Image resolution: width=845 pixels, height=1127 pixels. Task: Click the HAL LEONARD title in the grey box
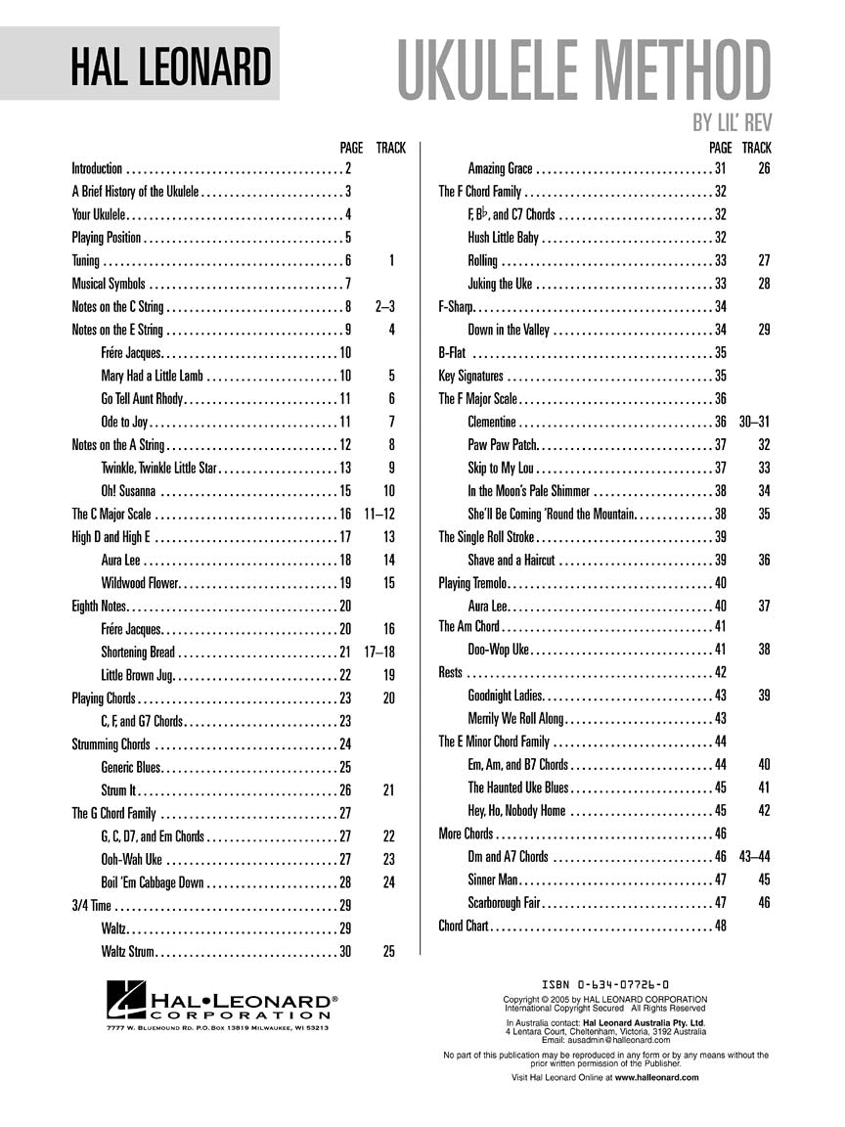click(x=171, y=67)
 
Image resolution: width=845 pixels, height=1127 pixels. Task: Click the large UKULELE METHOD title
click(x=584, y=70)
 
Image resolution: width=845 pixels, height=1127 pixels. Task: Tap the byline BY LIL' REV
click(x=732, y=122)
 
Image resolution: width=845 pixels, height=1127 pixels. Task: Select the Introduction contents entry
click(x=98, y=168)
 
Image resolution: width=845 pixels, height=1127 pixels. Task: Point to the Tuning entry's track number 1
click(x=391, y=260)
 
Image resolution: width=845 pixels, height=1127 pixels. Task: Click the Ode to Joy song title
click(x=124, y=422)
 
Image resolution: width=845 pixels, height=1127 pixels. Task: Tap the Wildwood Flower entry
click(x=140, y=583)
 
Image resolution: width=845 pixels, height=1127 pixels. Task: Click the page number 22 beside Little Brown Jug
click(x=345, y=675)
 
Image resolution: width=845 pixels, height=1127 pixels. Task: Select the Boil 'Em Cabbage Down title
click(x=153, y=882)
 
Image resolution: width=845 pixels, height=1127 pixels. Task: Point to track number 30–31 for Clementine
click(x=755, y=422)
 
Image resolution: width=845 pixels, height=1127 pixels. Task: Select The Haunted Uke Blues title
click(x=517, y=787)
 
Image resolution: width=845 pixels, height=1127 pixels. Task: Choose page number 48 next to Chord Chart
click(x=721, y=924)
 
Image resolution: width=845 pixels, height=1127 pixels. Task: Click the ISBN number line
click(x=604, y=985)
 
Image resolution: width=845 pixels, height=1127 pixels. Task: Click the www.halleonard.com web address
click(x=657, y=1077)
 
